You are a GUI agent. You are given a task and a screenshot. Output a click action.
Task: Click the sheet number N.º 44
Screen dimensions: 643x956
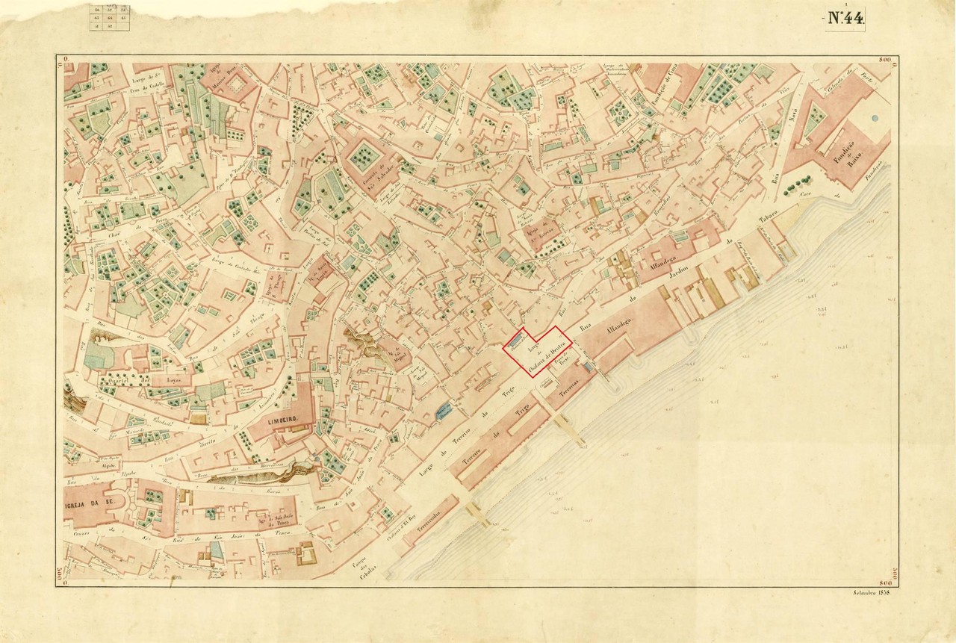pyautogui.click(x=845, y=19)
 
